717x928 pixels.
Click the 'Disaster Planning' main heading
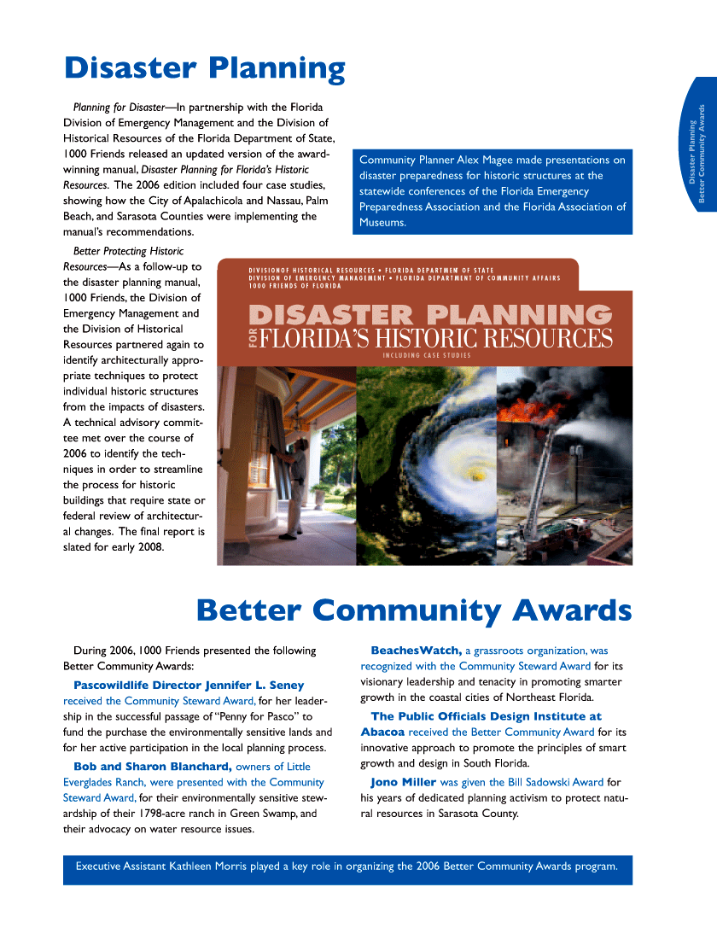[205, 68]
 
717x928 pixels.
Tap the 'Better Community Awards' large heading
[413, 610]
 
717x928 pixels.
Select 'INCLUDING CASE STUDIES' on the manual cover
[427, 355]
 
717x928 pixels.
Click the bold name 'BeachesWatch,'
[416, 651]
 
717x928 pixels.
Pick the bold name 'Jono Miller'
[403, 781]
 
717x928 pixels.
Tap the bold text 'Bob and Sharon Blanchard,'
[153, 766]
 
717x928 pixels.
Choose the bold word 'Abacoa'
[382, 732]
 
